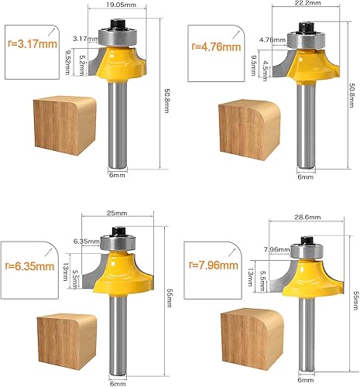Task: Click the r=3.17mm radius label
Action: pos(33,43)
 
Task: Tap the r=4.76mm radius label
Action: pos(216,46)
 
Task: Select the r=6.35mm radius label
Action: pos(29,266)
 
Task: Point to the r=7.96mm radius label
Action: pos(214,265)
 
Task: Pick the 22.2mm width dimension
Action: pos(307,3)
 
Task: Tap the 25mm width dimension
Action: pos(117,214)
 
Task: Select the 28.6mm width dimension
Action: pos(307,217)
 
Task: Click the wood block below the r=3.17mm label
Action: pos(65,126)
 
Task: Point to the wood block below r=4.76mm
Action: pos(249,129)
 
